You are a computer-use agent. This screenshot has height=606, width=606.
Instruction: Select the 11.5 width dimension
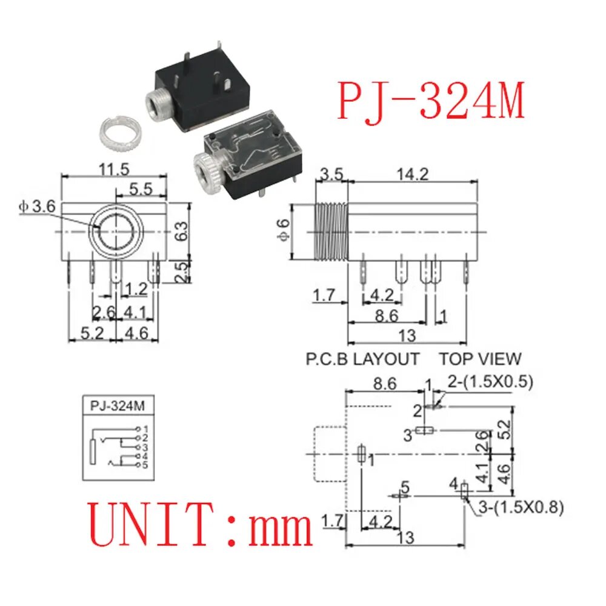[114, 169]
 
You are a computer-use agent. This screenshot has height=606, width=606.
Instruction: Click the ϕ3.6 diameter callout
[38, 207]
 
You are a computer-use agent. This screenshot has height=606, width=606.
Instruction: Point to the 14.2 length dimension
[413, 175]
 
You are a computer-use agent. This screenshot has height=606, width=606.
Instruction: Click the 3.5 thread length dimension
[331, 175]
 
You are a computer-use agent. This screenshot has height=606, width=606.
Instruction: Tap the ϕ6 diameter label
[283, 231]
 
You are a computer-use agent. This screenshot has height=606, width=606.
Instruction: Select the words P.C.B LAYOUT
[362, 359]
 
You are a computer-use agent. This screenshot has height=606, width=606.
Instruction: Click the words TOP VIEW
[481, 359]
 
